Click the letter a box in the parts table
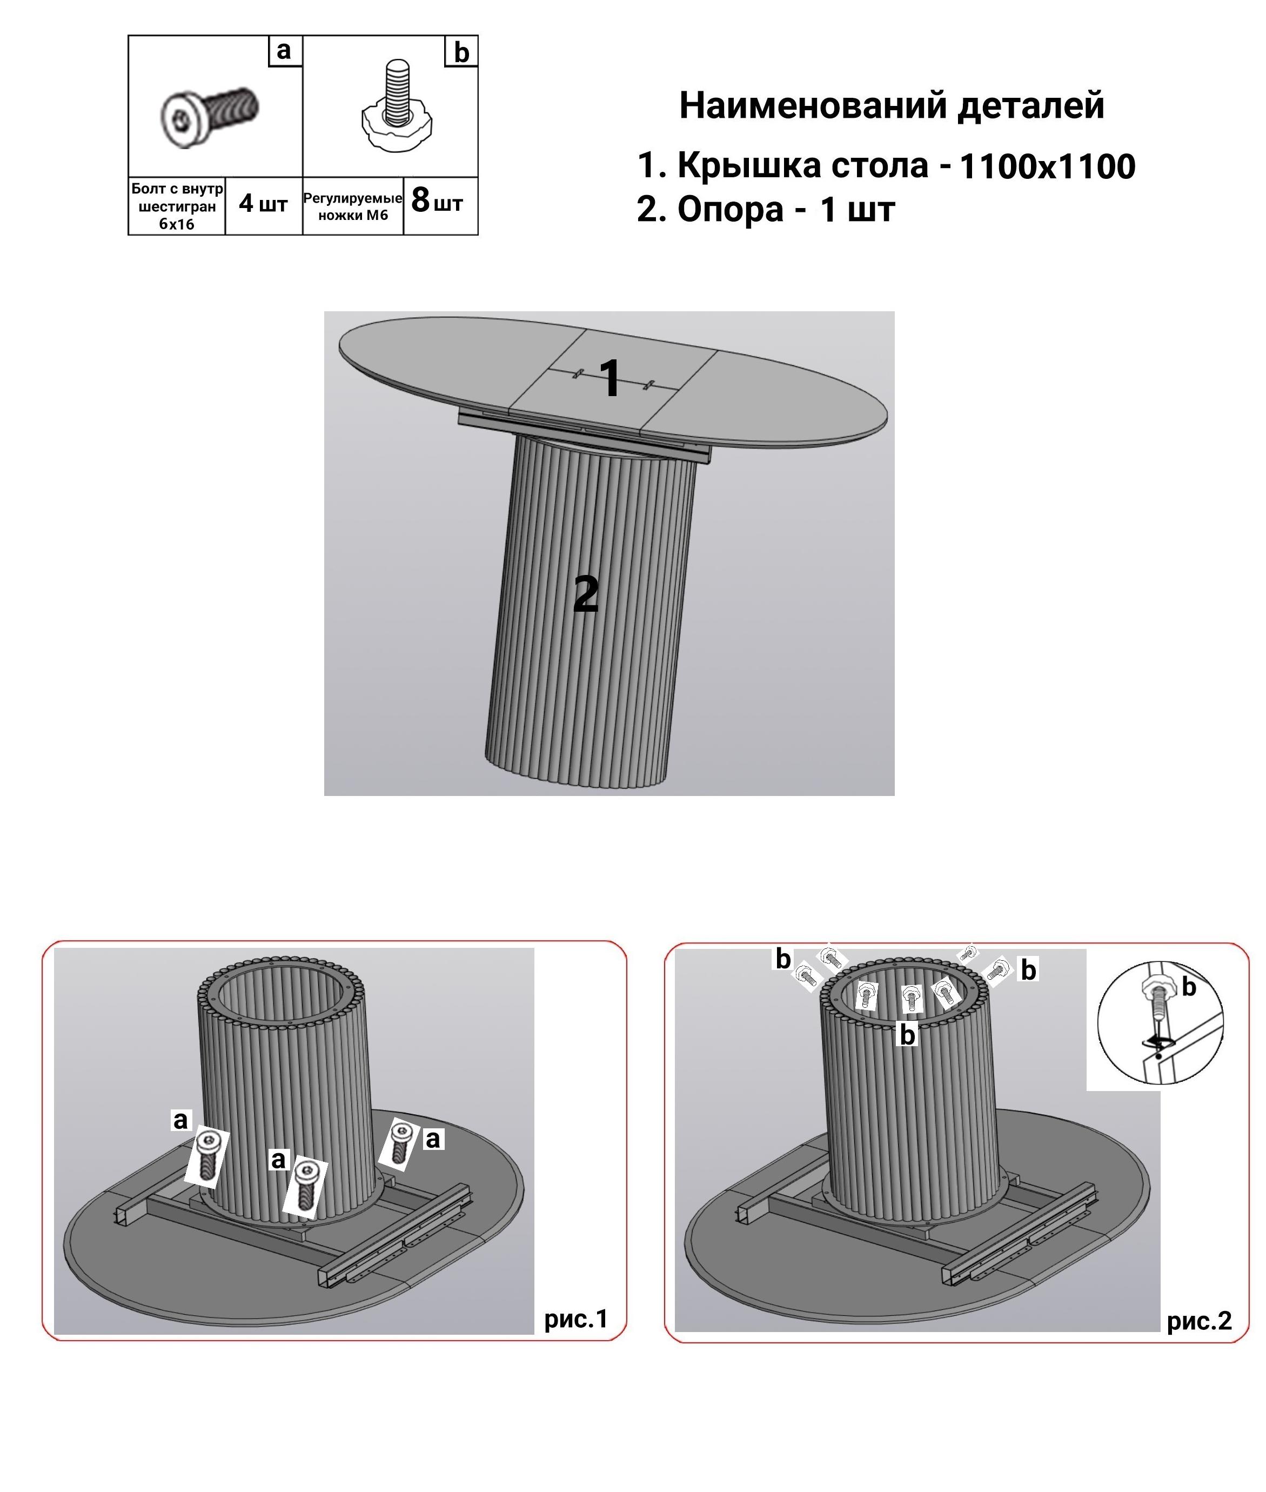(x=285, y=51)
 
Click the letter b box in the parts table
(x=461, y=52)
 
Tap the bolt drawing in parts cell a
(x=209, y=116)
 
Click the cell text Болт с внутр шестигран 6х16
(x=177, y=206)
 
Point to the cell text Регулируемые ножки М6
(x=352, y=206)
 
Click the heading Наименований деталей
(x=892, y=105)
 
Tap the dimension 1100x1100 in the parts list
(x=1047, y=166)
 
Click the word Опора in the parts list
(x=731, y=210)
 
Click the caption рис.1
(x=575, y=1319)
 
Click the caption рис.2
(x=1199, y=1321)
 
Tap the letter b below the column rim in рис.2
(x=907, y=1035)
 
